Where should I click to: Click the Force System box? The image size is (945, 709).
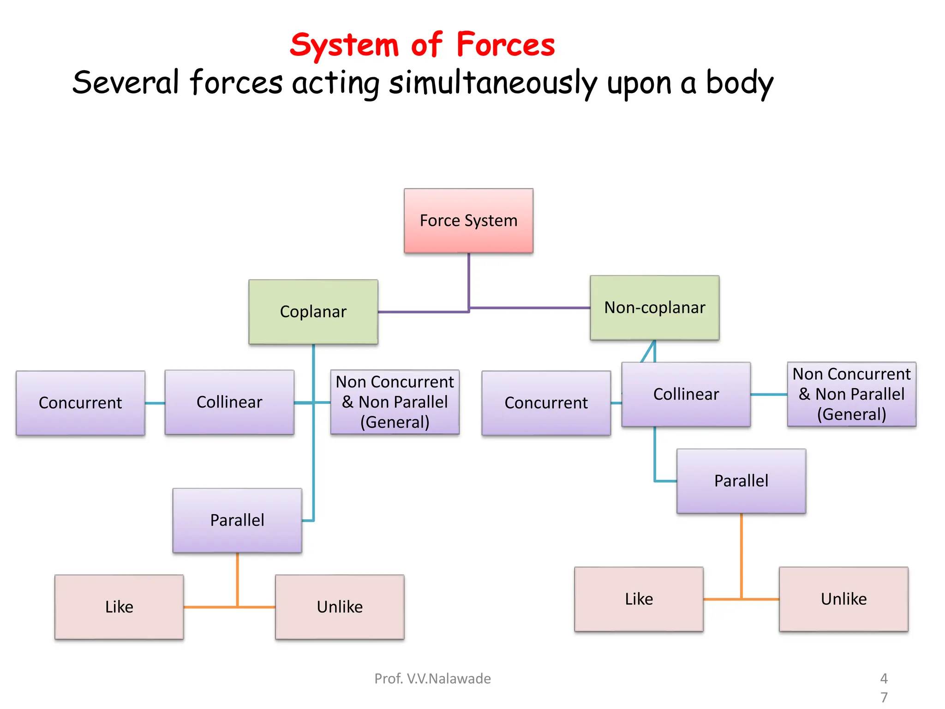pyautogui.click(x=468, y=221)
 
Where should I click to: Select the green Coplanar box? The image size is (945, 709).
pyautogui.click(x=313, y=312)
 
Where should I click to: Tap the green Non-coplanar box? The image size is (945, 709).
pyautogui.click(x=654, y=308)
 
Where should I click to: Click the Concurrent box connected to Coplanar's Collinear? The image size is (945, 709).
pyautogui.click(x=80, y=403)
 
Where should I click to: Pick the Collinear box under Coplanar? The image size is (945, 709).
pyautogui.click(x=229, y=402)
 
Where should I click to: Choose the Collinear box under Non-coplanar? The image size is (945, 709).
pyautogui.click(x=686, y=394)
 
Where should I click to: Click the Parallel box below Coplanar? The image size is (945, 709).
pyautogui.click(x=237, y=520)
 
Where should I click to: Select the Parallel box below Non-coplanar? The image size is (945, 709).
pyautogui.click(x=741, y=481)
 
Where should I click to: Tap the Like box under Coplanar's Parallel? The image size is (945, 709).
pyautogui.click(x=119, y=607)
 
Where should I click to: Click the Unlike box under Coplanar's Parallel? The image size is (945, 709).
pyautogui.click(x=340, y=607)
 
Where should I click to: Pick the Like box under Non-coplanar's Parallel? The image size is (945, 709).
pyautogui.click(x=639, y=599)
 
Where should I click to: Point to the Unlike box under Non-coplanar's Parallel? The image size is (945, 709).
pyautogui.click(x=843, y=599)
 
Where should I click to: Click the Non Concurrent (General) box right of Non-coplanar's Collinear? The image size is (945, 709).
pyautogui.click(x=851, y=394)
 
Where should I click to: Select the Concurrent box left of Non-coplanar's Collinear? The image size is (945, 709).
pyautogui.click(x=546, y=403)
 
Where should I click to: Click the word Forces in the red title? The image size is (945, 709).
pyautogui.click(x=506, y=45)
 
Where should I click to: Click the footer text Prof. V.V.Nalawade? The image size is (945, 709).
pyautogui.click(x=432, y=679)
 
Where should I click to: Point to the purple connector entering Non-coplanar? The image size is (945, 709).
pyautogui.click(x=531, y=307)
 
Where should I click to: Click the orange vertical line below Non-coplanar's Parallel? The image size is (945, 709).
pyautogui.click(x=742, y=554)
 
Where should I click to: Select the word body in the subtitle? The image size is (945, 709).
pyautogui.click(x=739, y=83)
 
